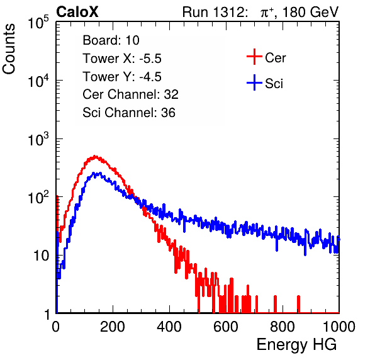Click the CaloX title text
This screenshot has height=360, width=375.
pyautogui.click(x=77, y=12)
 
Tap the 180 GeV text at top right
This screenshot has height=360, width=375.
pyautogui.click(x=311, y=12)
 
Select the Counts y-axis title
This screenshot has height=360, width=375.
pyautogui.click(x=9, y=49)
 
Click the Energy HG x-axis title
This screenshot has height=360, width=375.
pyautogui.click(x=296, y=345)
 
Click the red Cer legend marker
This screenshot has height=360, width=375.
pyautogui.click(x=254, y=57)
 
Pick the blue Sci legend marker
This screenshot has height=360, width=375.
pyautogui.click(x=254, y=82)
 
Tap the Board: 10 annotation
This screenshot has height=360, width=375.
pyautogui.click(x=111, y=40)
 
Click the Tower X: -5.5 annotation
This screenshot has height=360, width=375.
pyautogui.click(x=122, y=59)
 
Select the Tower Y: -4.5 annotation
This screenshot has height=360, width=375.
pyautogui.click(x=122, y=77)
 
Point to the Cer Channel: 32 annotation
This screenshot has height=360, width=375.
pyautogui.click(x=130, y=94)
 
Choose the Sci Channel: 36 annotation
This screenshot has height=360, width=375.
pyautogui.click(x=129, y=113)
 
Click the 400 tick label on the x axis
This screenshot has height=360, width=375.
pyautogui.click(x=169, y=327)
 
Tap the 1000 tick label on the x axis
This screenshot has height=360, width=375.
pyautogui.click(x=339, y=327)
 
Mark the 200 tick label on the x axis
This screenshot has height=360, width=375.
pyautogui.click(x=113, y=327)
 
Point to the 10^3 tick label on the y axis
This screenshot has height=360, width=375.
pyautogui.click(x=38, y=139)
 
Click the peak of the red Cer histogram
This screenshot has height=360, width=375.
pyautogui.click(x=95, y=156)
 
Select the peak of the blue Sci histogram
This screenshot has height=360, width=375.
pyautogui.click(x=100, y=172)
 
